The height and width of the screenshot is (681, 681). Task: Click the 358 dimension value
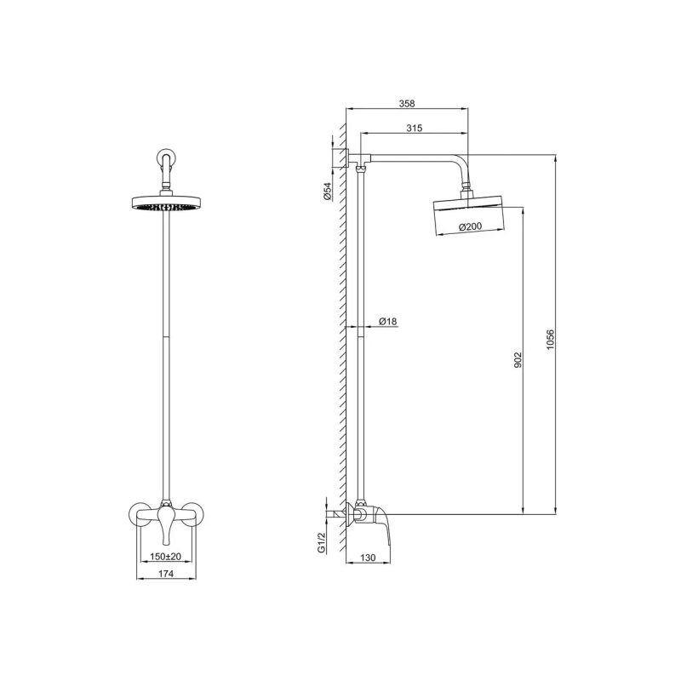pos(407,103)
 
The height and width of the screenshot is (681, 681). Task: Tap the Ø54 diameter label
pos(327,192)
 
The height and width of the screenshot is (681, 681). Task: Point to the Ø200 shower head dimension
pos(470,226)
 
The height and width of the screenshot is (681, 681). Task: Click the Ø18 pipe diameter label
pos(387,321)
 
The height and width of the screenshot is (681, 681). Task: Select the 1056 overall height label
pos(550,341)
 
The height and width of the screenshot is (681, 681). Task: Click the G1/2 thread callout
pos(322,543)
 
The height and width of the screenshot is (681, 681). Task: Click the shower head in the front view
pos(166,203)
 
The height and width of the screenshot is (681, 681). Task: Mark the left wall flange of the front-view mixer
pos(139,514)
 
